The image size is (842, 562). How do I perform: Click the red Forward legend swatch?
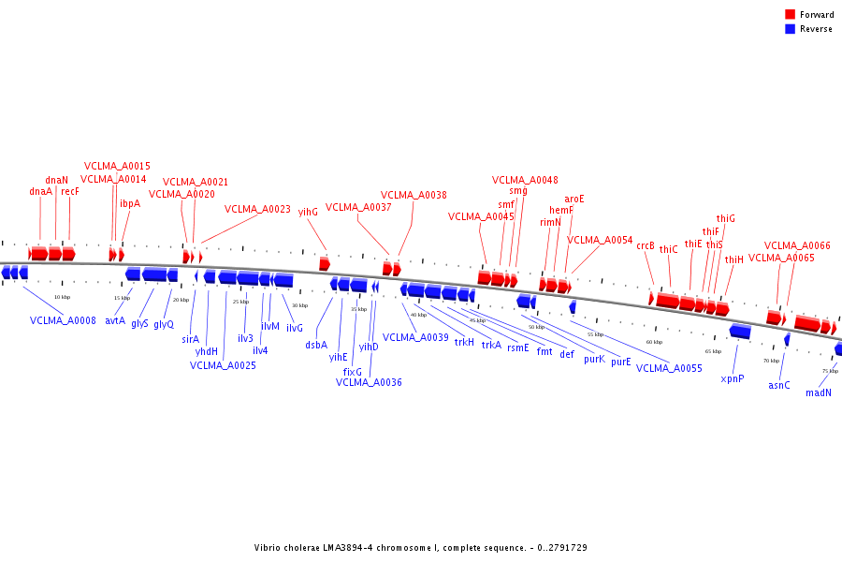pyautogui.click(x=791, y=15)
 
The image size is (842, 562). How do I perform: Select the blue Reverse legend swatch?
pyautogui.click(x=791, y=29)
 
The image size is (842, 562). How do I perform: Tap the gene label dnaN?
pyautogui.click(x=56, y=180)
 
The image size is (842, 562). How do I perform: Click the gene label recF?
pyautogui.click(x=70, y=191)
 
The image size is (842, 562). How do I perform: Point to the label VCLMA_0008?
pyautogui.click(x=63, y=320)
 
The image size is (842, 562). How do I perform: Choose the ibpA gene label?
pyautogui.click(x=129, y=203)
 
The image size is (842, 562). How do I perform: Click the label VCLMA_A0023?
pyautogui.click(x=257, y=210)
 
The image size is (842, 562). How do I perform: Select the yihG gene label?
pyautogui.click(x=308, y=212)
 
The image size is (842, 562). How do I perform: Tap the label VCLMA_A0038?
pyautogui.click(x=414, y=196)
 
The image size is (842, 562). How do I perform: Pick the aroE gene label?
pyautogui.click(x=573, y=199)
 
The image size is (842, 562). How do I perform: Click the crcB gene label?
pyautogui.click(x=646, y=245)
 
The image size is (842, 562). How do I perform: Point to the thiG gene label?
pyautogui.click(x=725, y=218)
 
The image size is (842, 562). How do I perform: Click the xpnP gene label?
pyautogui.click(x=732, y=379)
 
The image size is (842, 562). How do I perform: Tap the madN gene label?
pyautogui.click(x=818, y=393)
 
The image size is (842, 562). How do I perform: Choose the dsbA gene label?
pyautogui.click(x=316, y=345)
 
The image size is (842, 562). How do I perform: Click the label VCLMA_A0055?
pyautogui.click(x=669, y=368)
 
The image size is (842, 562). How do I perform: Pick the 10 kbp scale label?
pyautogui.click(x=62, y=297)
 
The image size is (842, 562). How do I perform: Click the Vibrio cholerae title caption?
pyautogui.click(x=420, y=548)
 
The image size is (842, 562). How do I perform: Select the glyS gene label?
pyautogui.click(x=139, y=323)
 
